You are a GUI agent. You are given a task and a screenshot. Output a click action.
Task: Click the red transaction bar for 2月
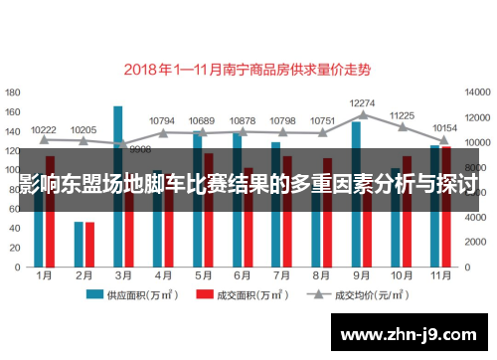pyautogui.click(x=89, y=243)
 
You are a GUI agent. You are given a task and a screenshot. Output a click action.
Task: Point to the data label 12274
pyautogui.click(x=363, y=102)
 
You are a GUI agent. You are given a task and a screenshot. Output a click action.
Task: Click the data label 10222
pyautogui.click(x=44, y=129)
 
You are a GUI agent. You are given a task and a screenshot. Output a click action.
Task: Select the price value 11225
pyautogui.click(x=402, y=115)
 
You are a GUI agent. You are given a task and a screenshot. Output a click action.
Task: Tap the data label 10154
pyautogui.click(x=444, y=128)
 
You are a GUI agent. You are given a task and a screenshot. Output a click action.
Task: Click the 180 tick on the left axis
pyautogui.click(x=14, y=90)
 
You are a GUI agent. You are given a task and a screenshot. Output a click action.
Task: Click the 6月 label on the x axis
pyautogui.click(x=241, y=273)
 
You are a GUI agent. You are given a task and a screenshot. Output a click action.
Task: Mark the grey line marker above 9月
pyautogui.click(x=363, y=114)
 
